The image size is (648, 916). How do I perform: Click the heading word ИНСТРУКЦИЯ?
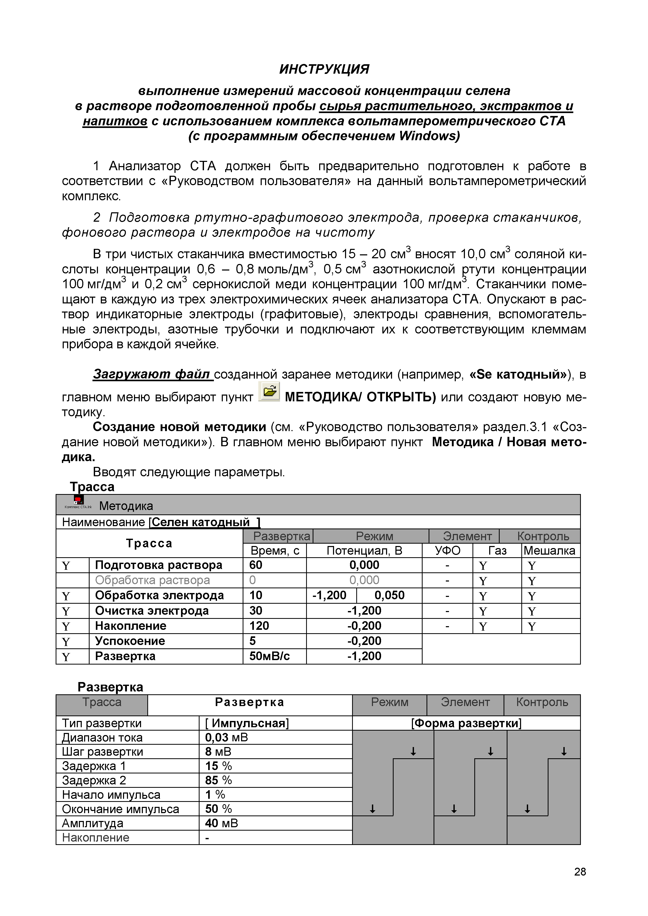coord(324,69)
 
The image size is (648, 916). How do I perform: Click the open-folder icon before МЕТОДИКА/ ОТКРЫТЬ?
coord(269,391)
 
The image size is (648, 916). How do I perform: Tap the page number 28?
coord(580,872)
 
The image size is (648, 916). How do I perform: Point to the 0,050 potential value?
coord(389,595)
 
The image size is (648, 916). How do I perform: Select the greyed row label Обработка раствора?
coord(153,580)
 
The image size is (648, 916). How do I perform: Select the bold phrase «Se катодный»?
coord(518,374)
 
